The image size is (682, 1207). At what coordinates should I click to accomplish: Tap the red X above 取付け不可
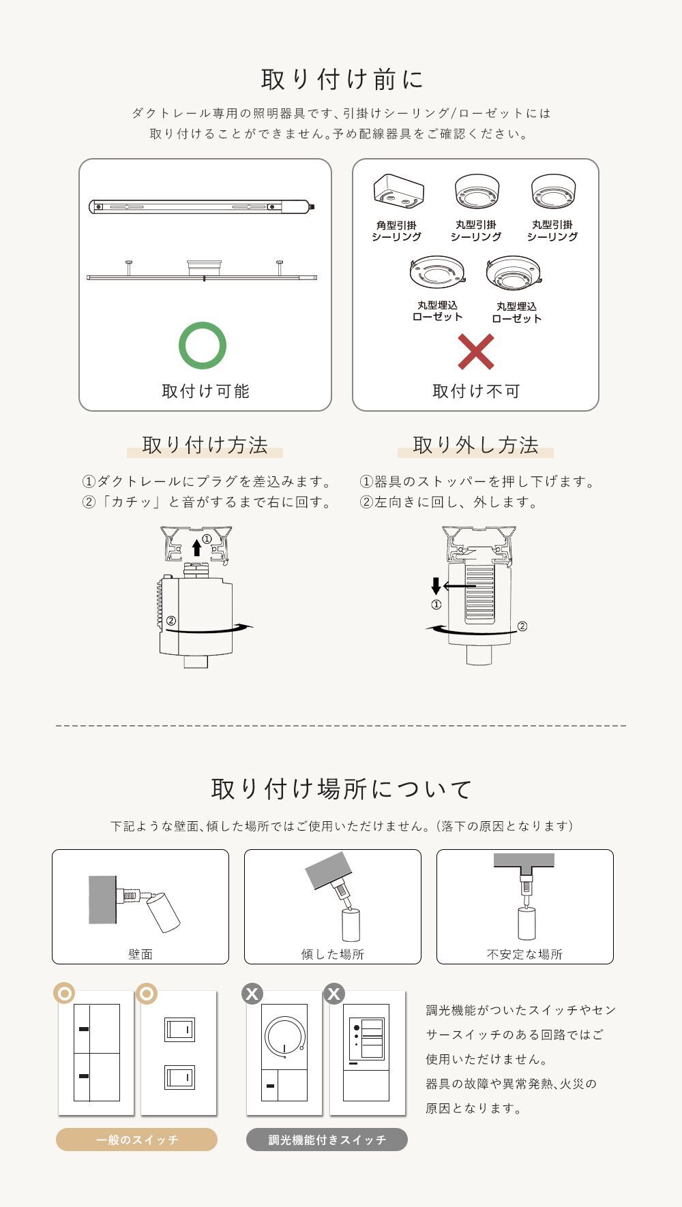tap(475, 352)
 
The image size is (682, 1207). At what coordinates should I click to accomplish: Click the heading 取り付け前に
tap(342, 79)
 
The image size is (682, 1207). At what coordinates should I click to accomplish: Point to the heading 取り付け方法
tap(205, 445)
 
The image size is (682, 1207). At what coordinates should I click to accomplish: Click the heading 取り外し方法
tap(475, 445)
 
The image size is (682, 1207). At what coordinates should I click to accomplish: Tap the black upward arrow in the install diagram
tap(196, 547)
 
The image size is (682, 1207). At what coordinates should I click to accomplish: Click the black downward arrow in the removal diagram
tap(436, 586)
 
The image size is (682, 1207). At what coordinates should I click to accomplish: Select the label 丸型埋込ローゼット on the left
tap(437, 311)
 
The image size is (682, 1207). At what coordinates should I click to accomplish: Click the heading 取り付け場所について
tap(342, 789)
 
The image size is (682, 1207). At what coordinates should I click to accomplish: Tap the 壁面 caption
tap(140, 954)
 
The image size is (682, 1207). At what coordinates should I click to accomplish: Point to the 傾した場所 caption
tap(333, 954)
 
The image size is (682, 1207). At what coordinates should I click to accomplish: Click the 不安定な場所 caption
tap(524, 954)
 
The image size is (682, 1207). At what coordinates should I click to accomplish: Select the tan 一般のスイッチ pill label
tap(136, 1140)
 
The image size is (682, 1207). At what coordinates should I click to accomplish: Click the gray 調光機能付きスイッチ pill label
tap(327, 1140)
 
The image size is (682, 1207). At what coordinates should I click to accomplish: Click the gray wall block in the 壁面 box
tap(102, 900)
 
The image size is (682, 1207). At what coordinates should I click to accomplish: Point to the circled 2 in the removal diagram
tap(522, 626)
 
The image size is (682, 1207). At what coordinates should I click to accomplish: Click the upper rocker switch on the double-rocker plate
tap(179, 1029)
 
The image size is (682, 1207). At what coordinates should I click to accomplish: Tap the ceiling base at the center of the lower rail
tap(205, 266)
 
